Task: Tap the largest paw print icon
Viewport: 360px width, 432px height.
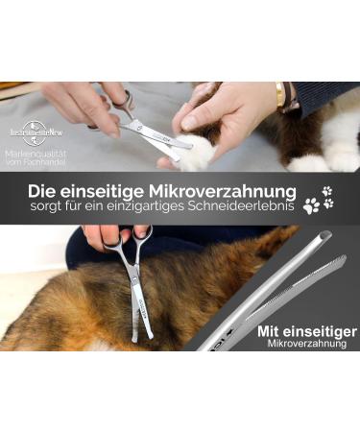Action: [311, 204]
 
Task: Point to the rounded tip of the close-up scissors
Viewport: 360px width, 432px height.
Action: [324, 234]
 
